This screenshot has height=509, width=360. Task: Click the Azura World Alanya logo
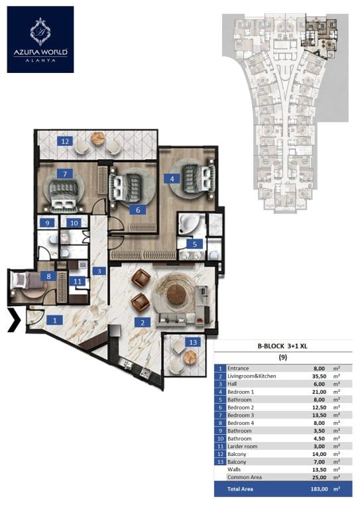[40, 39]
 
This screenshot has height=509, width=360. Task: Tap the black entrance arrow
[15, 320]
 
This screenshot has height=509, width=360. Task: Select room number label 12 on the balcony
[65, 141]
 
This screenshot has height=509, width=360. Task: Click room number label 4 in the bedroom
[172, 178]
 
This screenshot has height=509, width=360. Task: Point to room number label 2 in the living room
[143, 322]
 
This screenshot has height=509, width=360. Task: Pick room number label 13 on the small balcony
[193, 342]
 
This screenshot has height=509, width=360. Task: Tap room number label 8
[48, 276]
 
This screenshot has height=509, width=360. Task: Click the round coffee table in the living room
[176, 294]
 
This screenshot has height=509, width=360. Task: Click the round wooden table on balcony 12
[98, 139]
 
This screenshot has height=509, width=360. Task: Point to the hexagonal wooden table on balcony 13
[190, 357]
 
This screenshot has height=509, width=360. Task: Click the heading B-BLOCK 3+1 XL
[282, 346]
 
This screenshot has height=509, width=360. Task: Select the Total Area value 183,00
[319, 489]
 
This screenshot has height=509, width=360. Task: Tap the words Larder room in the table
[242, 446]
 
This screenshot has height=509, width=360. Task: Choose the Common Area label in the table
[245, 477]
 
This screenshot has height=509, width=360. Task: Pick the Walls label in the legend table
[234, 469]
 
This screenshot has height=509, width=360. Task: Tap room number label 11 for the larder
[78, 281]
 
